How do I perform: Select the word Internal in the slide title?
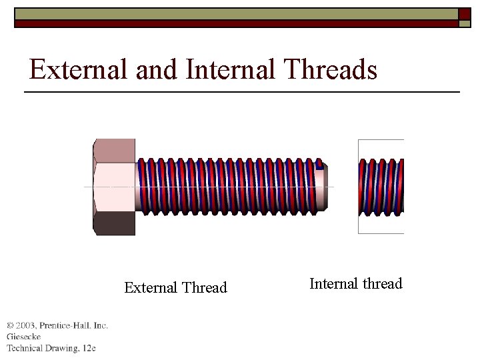(230, 69)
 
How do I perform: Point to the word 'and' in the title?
(155, 69)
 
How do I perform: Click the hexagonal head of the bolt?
(114, 187)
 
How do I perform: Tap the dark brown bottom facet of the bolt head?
(114, 224)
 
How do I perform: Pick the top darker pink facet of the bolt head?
(115, 150)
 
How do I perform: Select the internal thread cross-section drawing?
(381, 187)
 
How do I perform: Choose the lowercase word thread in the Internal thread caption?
(382, 284)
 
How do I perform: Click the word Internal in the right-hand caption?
(333, 284)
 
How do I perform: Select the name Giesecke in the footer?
(24, 337)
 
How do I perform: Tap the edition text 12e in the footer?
(89, 348)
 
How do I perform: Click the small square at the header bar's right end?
(465, 17)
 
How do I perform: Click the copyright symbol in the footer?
(10, 325)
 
